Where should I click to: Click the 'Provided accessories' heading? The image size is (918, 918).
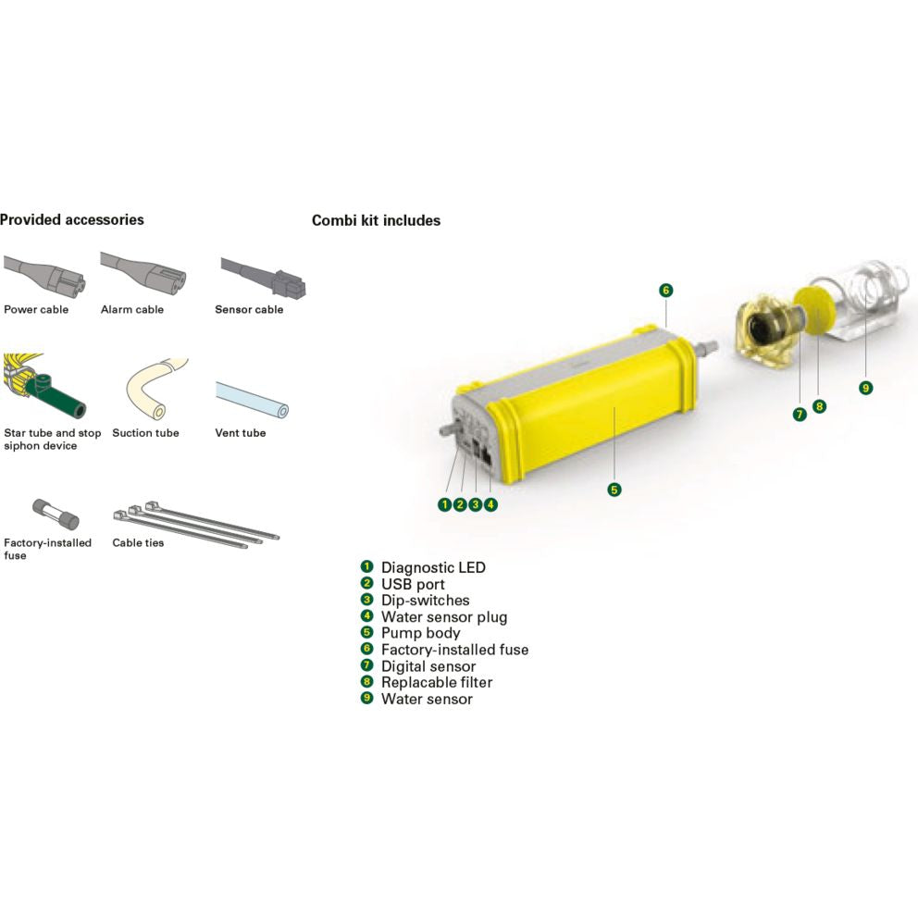(71, 219)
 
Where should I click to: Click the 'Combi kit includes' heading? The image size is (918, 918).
(376, 220)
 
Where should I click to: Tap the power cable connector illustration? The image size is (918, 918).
(45, 274)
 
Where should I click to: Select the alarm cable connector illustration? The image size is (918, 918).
(143, 272)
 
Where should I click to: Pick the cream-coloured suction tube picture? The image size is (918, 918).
(156, 388)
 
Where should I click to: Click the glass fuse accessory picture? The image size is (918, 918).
(56, 514)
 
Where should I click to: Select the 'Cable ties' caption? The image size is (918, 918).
(138, 542)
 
